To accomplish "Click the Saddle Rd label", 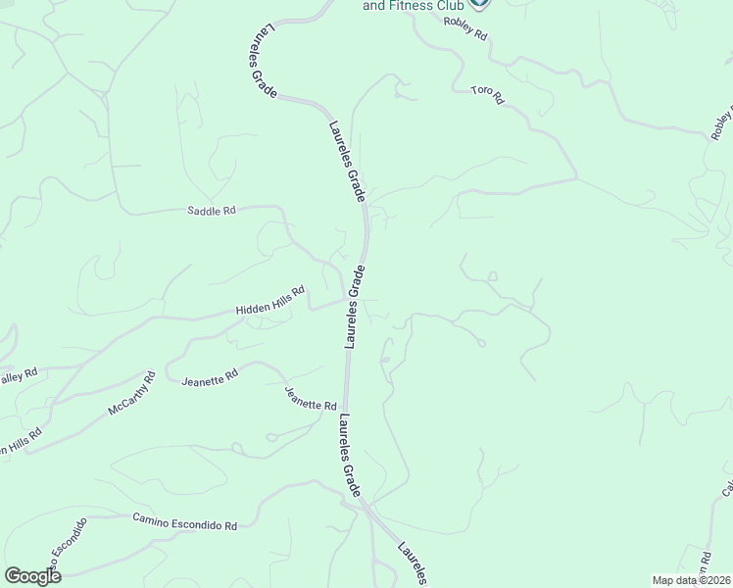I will pyautogui.click(x=211, y=210).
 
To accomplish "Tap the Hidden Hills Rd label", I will pyautogui.click(x=270, y=301).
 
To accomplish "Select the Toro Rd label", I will pyautogui.click(x=486, y=95).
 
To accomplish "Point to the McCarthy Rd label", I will pyautogui.click(x=131, y=393).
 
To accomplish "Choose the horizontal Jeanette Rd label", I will pyautogui.click(x=210, y=376).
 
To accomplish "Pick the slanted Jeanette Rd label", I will pyautogui.click(x=310, y=399).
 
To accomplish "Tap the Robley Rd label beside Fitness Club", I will pyautogui.click(x=464, y=27).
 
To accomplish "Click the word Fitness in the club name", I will pyautogui.click(x=413, y=6).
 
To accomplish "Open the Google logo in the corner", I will pyautogui.click(x=32, y=576).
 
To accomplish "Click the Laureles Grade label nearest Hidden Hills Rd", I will pyautogui.click(x=355, y=307).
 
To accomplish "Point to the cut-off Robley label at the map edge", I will pyautogui.click(x=720, y=122).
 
